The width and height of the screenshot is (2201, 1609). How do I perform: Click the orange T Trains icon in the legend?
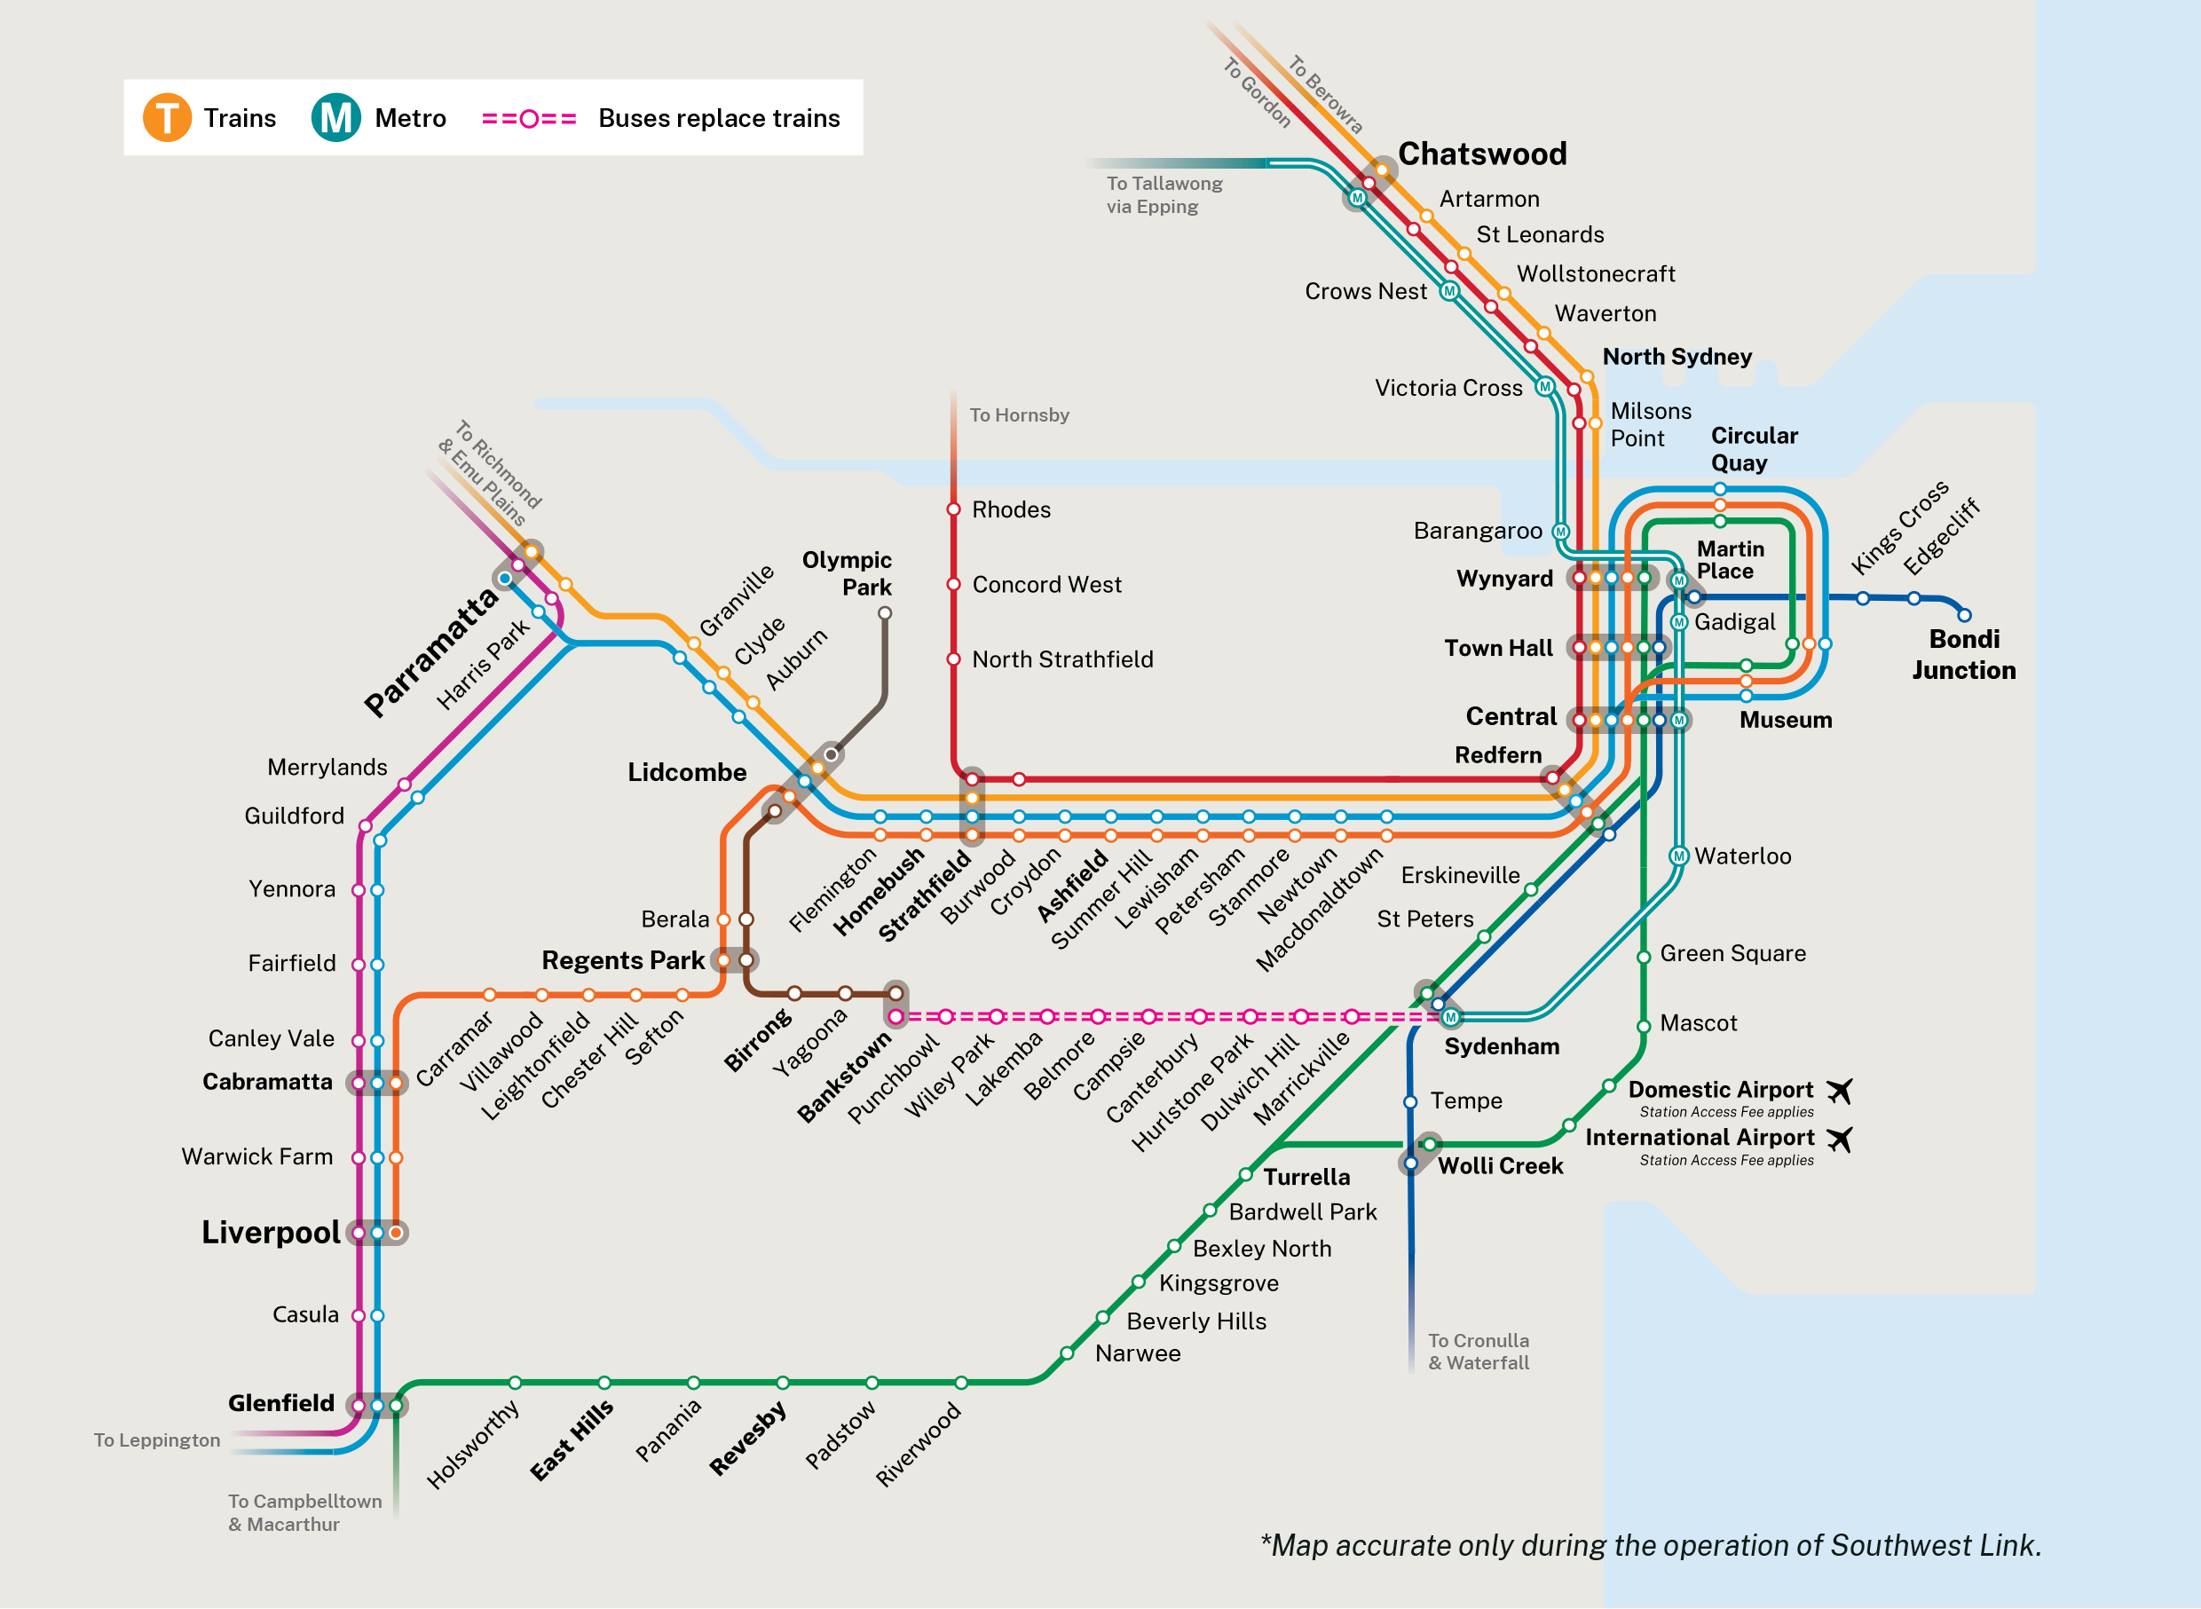167,118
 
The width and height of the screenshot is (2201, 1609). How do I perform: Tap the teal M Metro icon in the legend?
336,118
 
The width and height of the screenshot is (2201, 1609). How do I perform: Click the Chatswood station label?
1481,154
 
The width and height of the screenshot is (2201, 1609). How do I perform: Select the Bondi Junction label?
1963,654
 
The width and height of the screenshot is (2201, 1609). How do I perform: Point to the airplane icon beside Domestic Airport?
1839,1091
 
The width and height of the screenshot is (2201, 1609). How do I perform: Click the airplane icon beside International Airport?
1839,1139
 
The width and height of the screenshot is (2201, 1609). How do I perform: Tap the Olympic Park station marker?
884,612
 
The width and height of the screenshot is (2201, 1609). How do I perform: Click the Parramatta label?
430,652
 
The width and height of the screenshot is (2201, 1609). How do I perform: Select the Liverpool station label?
271,1232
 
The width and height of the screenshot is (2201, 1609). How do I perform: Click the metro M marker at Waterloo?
1678,856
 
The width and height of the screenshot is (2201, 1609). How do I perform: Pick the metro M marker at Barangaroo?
1560,532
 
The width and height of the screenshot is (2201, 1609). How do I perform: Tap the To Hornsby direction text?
1019,415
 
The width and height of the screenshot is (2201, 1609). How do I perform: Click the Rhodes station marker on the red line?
953,509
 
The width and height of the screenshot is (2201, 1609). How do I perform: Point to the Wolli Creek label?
1500,1166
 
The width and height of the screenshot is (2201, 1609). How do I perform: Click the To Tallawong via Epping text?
1164,194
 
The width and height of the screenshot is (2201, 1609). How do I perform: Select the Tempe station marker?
1409,1101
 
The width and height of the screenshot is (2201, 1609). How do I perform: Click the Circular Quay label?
1753,449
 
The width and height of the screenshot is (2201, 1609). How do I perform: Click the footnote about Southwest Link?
1650,1545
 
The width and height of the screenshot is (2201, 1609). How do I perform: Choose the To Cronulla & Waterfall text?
1478,1352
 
